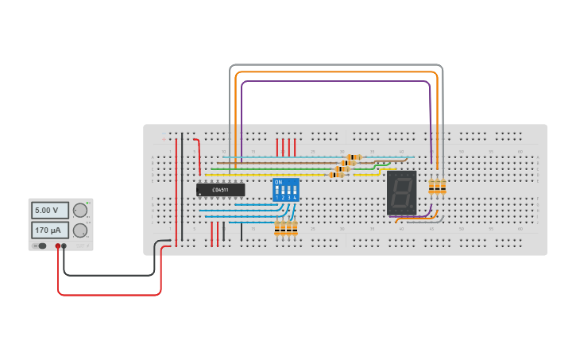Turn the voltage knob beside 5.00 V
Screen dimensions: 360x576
(79, 211)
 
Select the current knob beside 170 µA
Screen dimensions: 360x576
(79, 230)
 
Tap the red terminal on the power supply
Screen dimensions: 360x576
(58, 246)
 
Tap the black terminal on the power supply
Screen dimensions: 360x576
(64, 246)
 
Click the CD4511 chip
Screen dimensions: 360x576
(220, 190)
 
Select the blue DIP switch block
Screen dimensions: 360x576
(285, 190)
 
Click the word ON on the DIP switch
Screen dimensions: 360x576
(278, 182)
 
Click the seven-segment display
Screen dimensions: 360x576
(401, 192)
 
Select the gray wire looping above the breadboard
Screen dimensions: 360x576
(334, 65)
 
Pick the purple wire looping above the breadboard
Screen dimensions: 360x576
(334, 81)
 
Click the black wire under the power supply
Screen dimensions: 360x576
(111, 275)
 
